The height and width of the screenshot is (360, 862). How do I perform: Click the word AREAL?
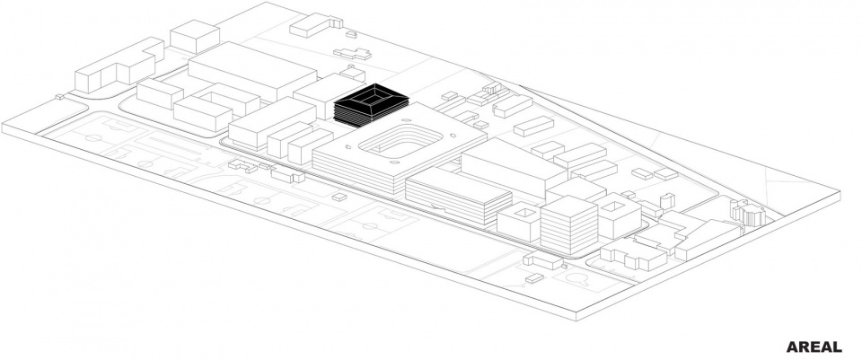[814, 347]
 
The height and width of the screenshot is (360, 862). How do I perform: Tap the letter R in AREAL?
[804, 347]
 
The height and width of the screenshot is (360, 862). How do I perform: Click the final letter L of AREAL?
[837, 347]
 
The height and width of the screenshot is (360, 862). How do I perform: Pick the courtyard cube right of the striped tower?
[619, 217]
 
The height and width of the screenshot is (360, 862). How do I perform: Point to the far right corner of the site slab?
[841, 191]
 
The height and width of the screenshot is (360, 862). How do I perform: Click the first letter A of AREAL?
[793, 347]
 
